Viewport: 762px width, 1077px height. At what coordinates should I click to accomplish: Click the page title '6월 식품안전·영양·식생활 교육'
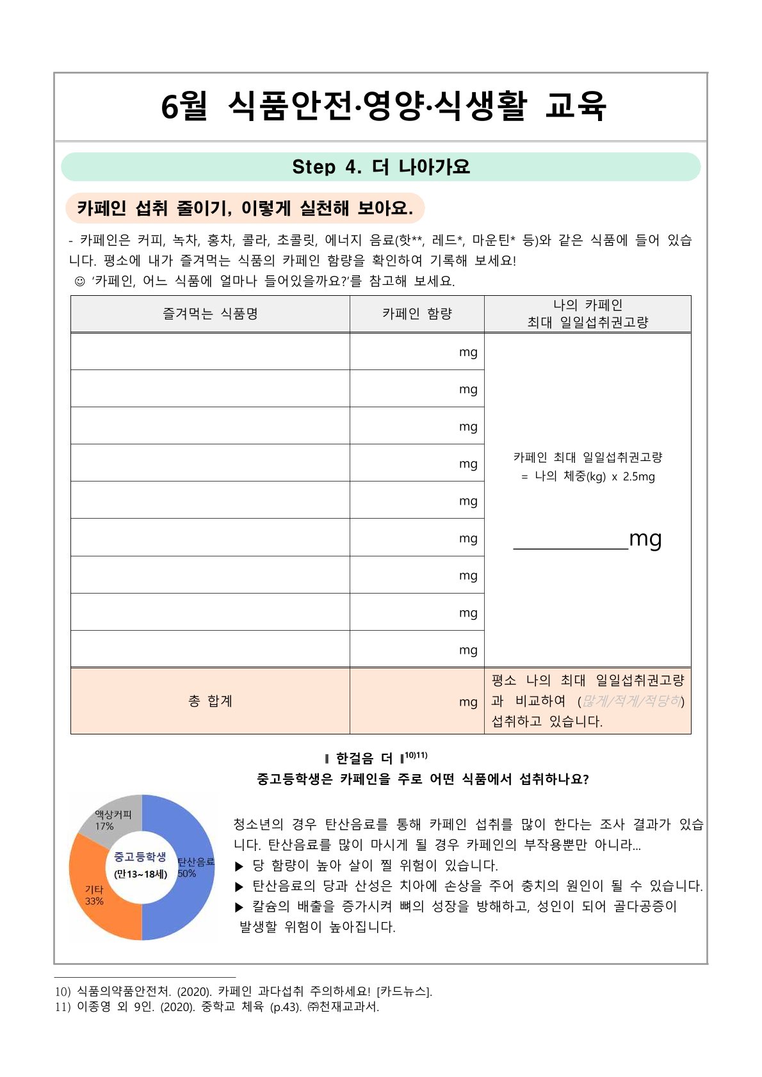(x=383, y=106)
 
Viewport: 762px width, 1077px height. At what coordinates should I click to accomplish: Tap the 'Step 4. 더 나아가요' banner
(x=381, y=167)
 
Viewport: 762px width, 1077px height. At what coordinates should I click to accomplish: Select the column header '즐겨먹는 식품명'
(x=210, y=314)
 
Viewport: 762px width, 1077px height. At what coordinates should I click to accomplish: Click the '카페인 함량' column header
(x=417, y=314)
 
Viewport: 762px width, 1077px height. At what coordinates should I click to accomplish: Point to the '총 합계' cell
(x=210, y=701)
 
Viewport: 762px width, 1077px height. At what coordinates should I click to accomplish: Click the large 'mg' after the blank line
(x=645, y=539)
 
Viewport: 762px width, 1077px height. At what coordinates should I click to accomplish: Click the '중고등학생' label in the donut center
(x=140, y=857)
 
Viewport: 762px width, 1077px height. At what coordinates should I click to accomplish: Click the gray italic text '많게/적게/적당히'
(x=631, y=701)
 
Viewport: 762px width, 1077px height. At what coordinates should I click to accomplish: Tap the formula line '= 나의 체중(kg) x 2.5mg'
(x=588, y=476)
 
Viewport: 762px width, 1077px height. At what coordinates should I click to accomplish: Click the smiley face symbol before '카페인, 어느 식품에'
(x=80, y=281)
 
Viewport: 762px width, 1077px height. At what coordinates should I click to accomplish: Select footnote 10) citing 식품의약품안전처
(x=243, y=991)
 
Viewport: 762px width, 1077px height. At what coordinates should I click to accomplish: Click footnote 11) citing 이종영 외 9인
(x=217, y=1007)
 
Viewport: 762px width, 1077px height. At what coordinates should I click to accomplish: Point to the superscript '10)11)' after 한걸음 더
(x=416, y=756)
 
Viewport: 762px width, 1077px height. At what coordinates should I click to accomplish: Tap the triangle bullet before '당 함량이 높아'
(x=239, y=866)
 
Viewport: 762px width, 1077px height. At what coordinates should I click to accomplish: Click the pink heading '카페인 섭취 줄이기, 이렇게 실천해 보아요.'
(x=245, y=208)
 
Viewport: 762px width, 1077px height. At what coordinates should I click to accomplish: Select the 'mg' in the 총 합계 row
(x=468, y=702)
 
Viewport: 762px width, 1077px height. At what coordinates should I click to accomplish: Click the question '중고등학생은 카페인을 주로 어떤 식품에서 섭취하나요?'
(x=423, y=779)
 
